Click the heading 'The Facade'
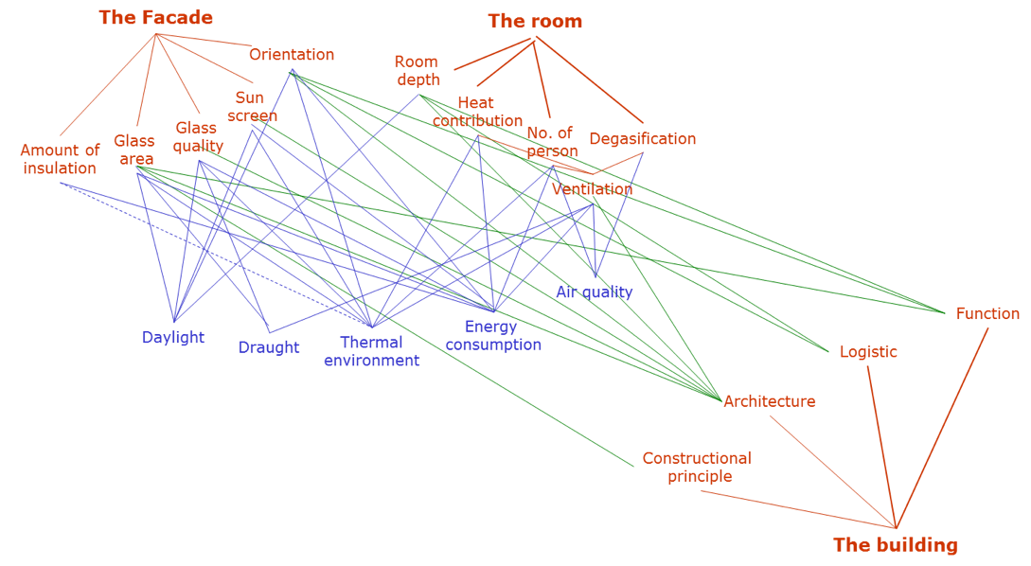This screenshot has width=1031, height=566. tap(156, 18)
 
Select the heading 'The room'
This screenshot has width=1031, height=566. tap(535, 21)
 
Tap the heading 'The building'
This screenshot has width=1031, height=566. tap(895, 545)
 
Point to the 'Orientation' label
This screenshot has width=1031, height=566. tap(292, 55)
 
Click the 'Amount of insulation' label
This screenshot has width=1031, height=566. tap(60, 159)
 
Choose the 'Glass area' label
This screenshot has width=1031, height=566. tap(134, 150)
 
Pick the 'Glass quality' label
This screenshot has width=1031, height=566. tap(198, 136)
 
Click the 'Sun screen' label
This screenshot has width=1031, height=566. tap(251, 106)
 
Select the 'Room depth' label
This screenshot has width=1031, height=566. tap(418, 71)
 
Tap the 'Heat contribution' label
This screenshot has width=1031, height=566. tap(477, 112)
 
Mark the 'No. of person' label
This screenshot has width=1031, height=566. tap(551, 142)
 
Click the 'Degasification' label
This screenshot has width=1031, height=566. tap(642, 139)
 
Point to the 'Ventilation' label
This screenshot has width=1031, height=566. tap(592, 189)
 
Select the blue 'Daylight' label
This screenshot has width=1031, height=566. tap(173, 338)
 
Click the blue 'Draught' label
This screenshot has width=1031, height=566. tap(269, 347)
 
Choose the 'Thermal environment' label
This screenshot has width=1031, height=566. tap(371, 351)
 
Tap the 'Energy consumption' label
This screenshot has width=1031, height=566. tap(492, 336)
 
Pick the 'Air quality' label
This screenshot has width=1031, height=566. tap(594, 292)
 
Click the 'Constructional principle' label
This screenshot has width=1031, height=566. tap(697, 468)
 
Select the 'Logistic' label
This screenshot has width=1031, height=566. tap(868, 352)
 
